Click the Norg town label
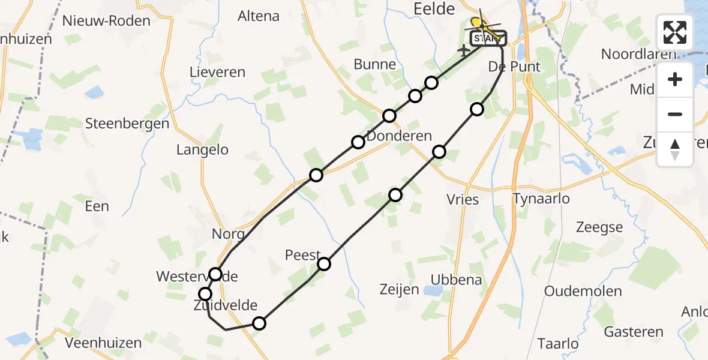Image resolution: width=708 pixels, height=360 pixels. [x=228, y=234]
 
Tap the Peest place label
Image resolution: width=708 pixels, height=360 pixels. [x=303, y=255]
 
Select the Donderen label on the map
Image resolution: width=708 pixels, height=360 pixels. [x=399, y=136]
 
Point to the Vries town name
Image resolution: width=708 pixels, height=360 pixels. [x=463, y=199]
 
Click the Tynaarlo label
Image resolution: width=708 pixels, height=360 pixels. [x=541, y=199]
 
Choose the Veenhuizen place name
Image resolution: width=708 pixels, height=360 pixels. [x=103, y=343]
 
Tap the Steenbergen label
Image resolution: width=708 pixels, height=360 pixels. [x=127, y=124]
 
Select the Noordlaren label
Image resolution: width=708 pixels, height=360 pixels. [x=638, y=54]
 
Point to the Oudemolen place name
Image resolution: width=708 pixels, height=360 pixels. [x=583, y=291]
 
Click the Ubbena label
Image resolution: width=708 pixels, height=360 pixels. [x=457, y=280]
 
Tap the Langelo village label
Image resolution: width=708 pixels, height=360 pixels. [x=202, y=150]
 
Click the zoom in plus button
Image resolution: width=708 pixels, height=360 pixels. [x=675, y=79]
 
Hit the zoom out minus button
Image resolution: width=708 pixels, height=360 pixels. [x=675, y=114]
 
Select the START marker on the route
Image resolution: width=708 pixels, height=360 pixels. [x=487, y=39]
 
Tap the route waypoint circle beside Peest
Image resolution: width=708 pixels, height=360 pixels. [x=324, y=264]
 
